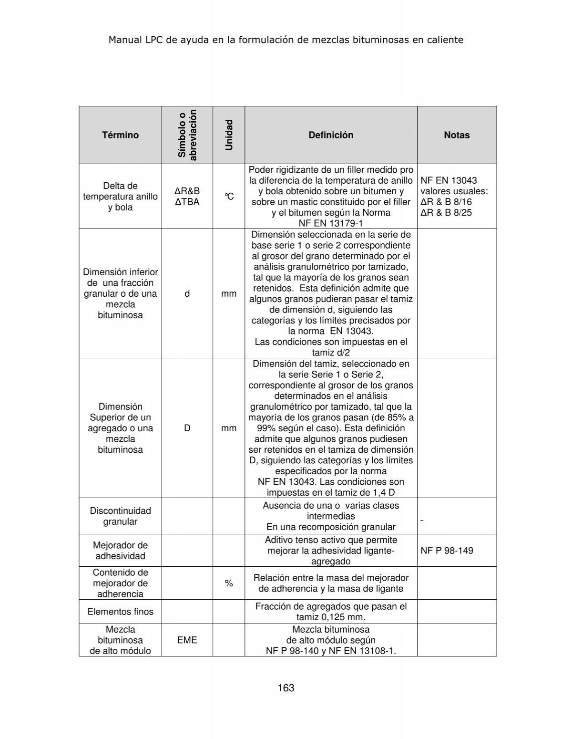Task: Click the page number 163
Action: point(286,688)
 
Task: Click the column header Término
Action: point(120,135)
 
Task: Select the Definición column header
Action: point(331,135)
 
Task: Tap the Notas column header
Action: point(457,135)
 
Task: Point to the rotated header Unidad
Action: point(229,135)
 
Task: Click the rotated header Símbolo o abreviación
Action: point(187,135)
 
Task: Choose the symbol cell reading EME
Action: point(187,640)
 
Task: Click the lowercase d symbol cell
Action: point(187,294)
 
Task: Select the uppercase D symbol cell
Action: point(187,428)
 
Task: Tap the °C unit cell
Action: point(229,197)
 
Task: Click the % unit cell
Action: point(229,583)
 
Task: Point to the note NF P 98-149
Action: point(447,551)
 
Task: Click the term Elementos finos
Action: point(120,612)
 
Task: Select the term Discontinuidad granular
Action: point(120,516)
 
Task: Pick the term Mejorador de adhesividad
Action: point(120,551)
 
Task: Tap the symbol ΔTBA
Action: point(187,202)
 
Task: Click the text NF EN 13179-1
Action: point(331,223)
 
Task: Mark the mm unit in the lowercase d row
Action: point(229,294)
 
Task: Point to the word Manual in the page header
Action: point(125,40)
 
